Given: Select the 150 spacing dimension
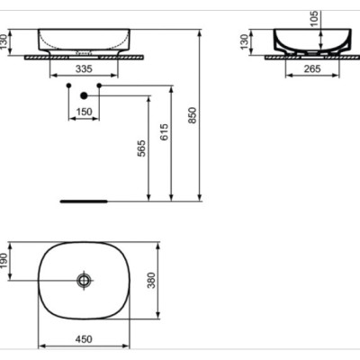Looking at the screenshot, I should (84, 112).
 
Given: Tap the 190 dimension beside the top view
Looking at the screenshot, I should (8, 261).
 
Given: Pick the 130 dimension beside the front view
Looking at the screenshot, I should (8, 40).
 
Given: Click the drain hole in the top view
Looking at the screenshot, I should (84, 281).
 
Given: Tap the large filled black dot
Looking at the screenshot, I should (84, 94).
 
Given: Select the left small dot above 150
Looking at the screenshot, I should (68, 86).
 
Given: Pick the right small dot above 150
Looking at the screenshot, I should (99, 86).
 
